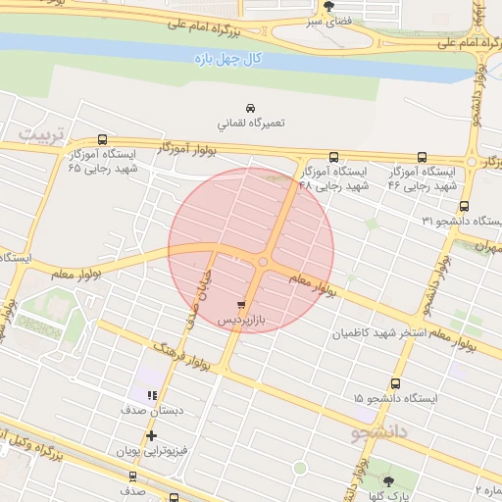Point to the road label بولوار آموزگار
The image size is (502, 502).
click(x=186, y=149)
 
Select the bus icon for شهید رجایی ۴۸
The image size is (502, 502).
click(x=333, y=157)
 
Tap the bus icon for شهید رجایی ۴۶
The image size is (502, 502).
click(x=422, y=157)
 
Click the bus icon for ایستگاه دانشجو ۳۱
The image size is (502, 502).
click(x=464, y=207)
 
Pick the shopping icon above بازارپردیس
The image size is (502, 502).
click(x=241, y=306)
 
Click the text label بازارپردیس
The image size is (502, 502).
click(x=241, y=321)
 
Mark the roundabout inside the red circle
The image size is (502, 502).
click(x=262, y=261)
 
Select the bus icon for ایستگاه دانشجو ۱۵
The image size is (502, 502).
click(x=395, y=384)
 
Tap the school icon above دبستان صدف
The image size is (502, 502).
click(x=151, y=395)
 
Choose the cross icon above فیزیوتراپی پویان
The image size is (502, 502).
click(x=151, y=435)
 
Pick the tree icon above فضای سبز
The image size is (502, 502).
click(x=327, y=6)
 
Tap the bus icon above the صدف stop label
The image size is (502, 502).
click(x=132, y=476)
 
